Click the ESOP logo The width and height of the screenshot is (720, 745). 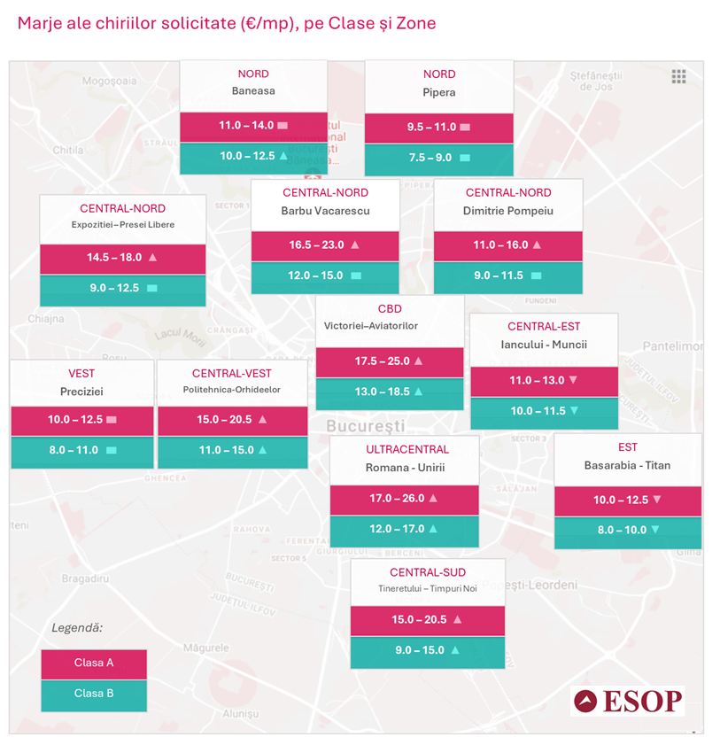[x=627, y=701]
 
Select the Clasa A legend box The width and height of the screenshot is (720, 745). [x=94, y=663]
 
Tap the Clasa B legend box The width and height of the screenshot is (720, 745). [x=94, y=694]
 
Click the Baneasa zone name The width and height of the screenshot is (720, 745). [x=253, y=90]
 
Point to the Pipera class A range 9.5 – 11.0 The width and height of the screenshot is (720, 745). [x=431, y=127]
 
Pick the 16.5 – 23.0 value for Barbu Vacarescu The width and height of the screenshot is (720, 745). [x=316, y=244]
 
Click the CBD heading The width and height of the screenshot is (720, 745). [x=390, y=308]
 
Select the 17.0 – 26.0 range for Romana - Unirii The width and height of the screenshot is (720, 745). [x=397, y=499]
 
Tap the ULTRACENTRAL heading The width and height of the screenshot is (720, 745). [x=407, y=449]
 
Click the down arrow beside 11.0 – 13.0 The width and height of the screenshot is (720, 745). [x=573, y=380]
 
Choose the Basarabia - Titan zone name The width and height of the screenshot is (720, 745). [x=627, y=465]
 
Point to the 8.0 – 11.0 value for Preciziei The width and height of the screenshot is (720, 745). [x=74, y=450]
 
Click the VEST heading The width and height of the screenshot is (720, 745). [x=81, y=373]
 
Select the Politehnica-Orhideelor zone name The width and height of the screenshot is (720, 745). [x=232, y=390]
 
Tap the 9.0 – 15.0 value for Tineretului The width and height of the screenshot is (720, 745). [x=420, y=650]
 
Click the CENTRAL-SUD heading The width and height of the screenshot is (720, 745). [x=428, y=571]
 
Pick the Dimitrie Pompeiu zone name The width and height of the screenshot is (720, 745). [x=508, y=211]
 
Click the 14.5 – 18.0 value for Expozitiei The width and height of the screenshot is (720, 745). [x=114, y=257]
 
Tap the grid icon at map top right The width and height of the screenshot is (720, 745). [x=679, y=76]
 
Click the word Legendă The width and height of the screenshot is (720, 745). [x=77, y=627]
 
